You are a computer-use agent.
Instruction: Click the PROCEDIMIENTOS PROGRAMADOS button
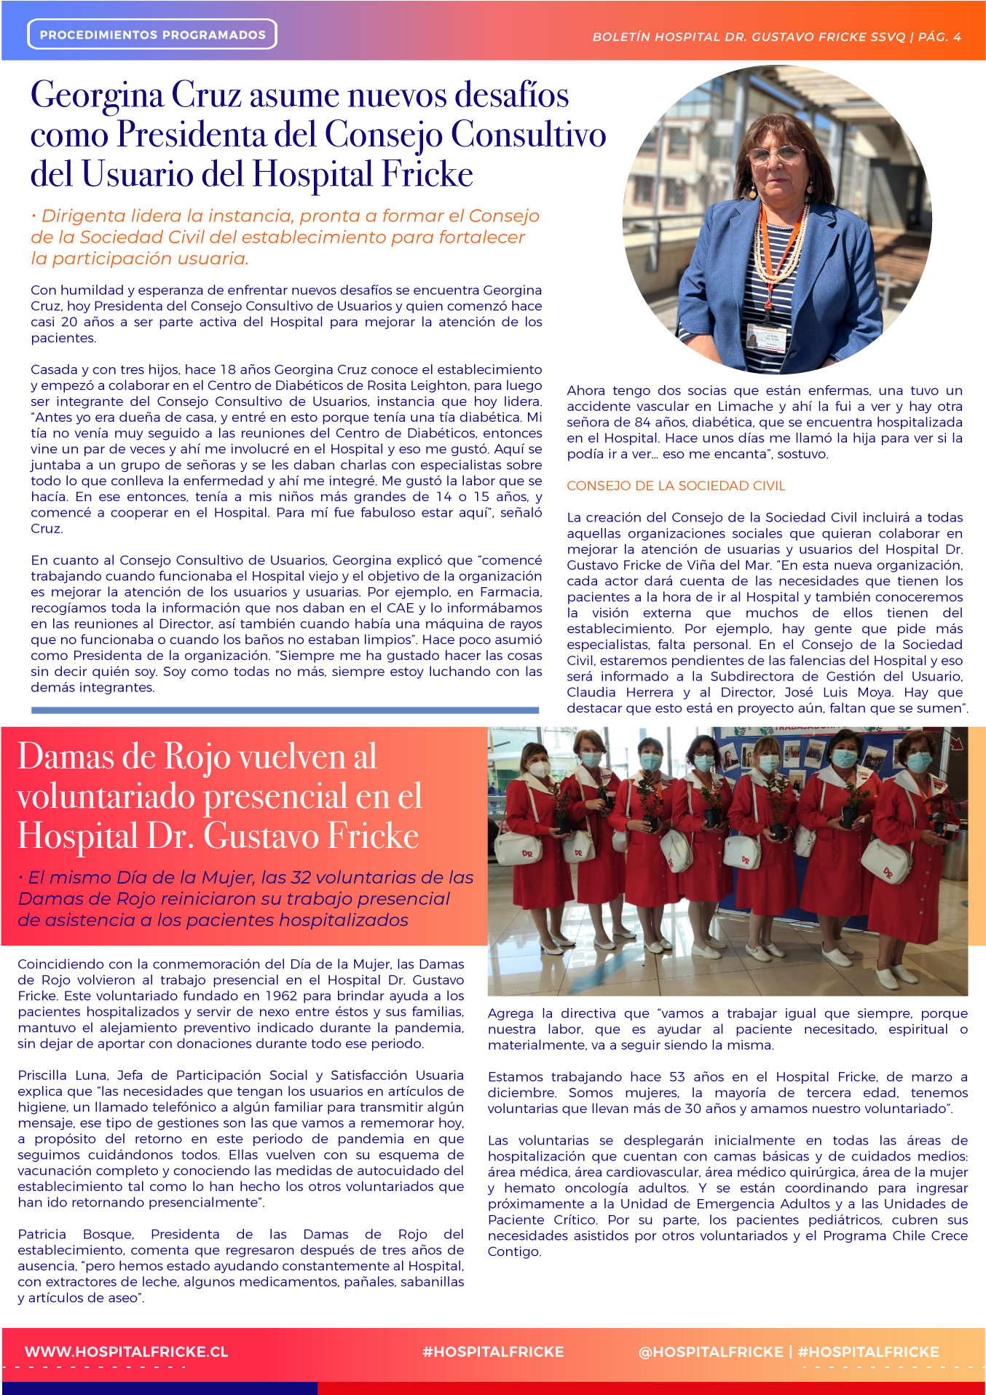(x=152, y=34)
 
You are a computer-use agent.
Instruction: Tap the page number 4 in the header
(x=957, y=36)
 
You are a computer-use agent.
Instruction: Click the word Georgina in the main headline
(x=97, y=95)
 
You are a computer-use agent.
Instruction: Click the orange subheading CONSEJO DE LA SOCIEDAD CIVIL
(x=676, y=486)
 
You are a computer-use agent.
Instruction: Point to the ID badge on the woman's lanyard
(x=766, y=337)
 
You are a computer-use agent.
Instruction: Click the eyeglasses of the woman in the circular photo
(x=776, y=154)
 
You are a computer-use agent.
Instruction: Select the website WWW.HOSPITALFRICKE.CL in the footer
(x=127, y=1351)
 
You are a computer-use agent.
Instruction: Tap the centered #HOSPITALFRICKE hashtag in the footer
(x=493, y=1351)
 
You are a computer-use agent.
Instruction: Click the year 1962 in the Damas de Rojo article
(x=280, y=996)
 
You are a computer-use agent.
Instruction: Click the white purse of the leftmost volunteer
(x=518, y=848)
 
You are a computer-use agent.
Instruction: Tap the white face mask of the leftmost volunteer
(x=539, y=768)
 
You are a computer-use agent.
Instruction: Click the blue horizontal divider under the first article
(x=285, y=710)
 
